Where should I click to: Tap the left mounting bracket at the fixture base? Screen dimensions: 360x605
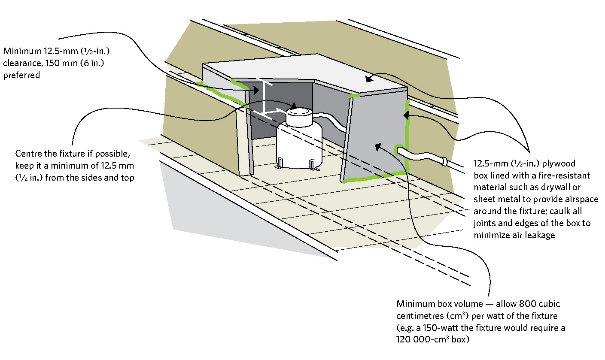pos(280,163)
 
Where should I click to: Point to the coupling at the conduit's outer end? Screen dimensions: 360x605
pos(444,162)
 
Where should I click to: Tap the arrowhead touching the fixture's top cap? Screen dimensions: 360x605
pos(294,105)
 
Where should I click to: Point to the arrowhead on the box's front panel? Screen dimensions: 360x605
pos(377,147)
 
